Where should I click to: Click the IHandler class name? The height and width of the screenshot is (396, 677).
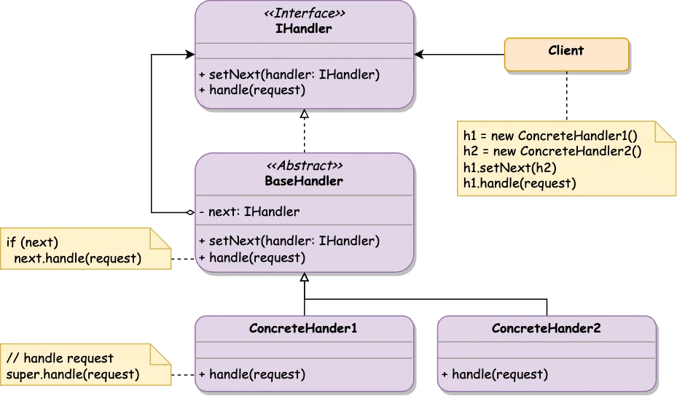[305, 29]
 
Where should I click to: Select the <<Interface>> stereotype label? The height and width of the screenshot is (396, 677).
[305, 13]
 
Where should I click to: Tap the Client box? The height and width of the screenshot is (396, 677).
[566, 51]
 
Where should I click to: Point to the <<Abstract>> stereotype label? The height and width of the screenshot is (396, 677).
[305, 166]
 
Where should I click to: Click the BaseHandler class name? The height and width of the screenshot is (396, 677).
[305, 181]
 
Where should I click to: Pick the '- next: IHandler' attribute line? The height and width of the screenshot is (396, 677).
[249, 212]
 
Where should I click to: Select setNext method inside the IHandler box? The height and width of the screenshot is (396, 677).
[289, 74]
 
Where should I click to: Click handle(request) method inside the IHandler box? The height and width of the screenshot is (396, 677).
[251, 90]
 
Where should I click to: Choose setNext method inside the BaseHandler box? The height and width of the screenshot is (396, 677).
[289, 241]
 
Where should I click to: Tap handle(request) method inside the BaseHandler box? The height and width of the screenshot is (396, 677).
[251, 257]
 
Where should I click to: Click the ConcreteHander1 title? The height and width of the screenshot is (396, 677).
[303, 328]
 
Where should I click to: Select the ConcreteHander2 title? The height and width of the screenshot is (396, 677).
[546, 328]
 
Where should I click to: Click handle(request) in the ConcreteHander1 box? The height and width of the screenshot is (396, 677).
[251, 375]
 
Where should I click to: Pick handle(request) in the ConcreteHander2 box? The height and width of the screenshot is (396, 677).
[494, 375]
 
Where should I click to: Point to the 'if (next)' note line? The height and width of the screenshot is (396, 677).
[32, 242]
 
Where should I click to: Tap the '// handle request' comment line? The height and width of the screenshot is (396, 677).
[60, 358]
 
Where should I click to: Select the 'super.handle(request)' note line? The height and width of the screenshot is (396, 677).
[72, 374]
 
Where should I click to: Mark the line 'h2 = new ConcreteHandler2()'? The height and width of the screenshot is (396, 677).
[552, 151]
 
